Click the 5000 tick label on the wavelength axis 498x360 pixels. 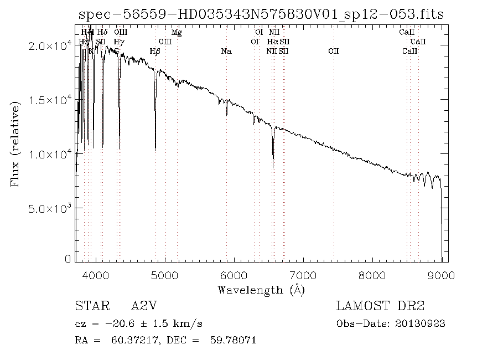pos(165,275)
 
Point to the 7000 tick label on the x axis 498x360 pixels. pos(303,275)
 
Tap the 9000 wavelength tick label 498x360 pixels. pos(441,275)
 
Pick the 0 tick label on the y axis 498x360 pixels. pos(68,259)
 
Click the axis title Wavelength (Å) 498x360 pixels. pos(261,290)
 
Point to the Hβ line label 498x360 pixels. pos(155,52)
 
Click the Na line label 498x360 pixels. pos(226,52)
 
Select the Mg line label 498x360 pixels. pos(177,33)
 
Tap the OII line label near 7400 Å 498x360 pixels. pos(333,52)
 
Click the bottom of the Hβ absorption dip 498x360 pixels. pos(155,150)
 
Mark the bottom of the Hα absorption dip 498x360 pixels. pos(273,167)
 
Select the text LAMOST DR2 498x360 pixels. pos(380,306)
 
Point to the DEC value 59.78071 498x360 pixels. pos(234,340)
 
